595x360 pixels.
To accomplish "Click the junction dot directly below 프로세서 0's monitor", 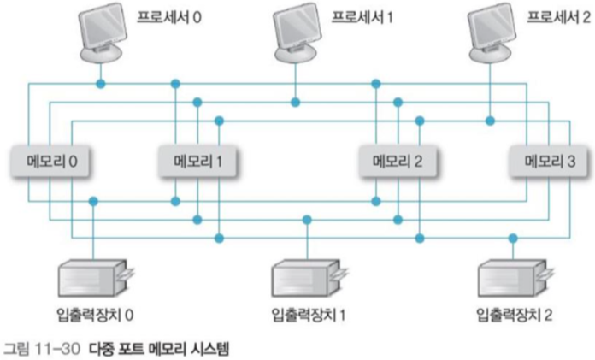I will click(x=101, y=84).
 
